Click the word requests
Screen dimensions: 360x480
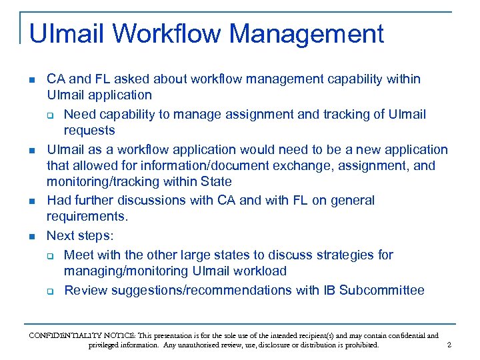[x=89, y=130]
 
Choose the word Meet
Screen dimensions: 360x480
[x=79, y=255]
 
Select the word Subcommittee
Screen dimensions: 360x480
[x=382, y=290]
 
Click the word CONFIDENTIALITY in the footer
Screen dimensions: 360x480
[x=63, y=335]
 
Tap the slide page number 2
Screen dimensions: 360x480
[x=449, y=345]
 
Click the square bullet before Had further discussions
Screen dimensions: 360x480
[x=32, y=201]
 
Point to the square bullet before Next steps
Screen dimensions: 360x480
[x=32, y=236]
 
